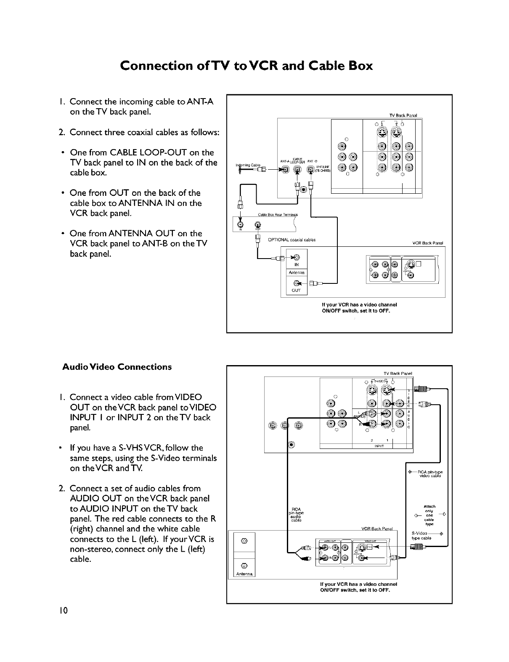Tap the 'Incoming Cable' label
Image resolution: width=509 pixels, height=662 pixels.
pyautogui.click(x=248, y=165)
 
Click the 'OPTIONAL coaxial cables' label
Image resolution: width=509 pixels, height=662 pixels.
pyautogui.click(x=292, y=240)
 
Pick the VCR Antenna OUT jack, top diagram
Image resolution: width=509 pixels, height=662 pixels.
pyautogui.click(x=296, y=283)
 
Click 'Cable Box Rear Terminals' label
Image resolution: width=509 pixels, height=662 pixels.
pyautogui.click(x=278, y=215)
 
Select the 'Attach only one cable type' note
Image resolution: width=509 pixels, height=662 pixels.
pyautogui.click(x=429, y=515)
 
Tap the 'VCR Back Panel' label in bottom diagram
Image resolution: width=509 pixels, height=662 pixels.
pyautogui.click(x=376, y=529)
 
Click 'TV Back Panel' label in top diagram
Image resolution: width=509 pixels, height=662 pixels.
pyautogui.click(x=403, y=115)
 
